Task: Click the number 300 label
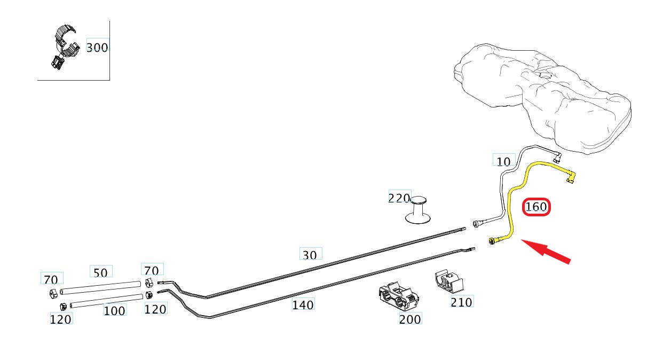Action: [97, 48]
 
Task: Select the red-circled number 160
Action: [536, 207]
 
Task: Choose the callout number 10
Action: [503, 161]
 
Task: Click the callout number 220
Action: [399, 198]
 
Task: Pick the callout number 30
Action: [310, 255]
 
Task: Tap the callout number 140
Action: [303, 305]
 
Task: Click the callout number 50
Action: [100, 273]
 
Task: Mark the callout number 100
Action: [114, 310]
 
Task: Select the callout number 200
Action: [410, 319]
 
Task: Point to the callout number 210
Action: [461, 302]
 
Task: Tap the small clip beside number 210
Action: [447, 281]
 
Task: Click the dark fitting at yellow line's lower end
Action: [492, 242]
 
